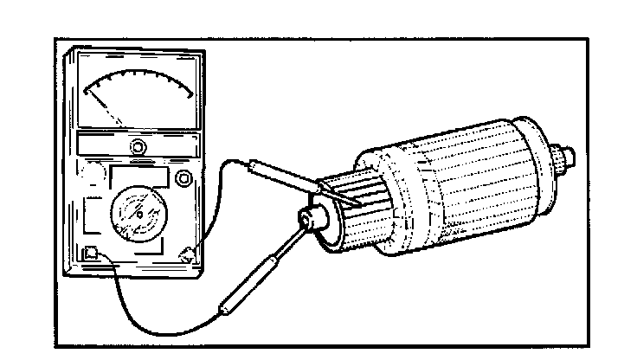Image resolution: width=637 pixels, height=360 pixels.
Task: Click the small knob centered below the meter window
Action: point(137,146)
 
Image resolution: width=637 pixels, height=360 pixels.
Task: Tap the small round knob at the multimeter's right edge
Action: point(183,178)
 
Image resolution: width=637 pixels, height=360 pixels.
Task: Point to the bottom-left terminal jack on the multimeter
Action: point(90,254)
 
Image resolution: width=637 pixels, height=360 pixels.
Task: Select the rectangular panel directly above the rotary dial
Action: point(138,177)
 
